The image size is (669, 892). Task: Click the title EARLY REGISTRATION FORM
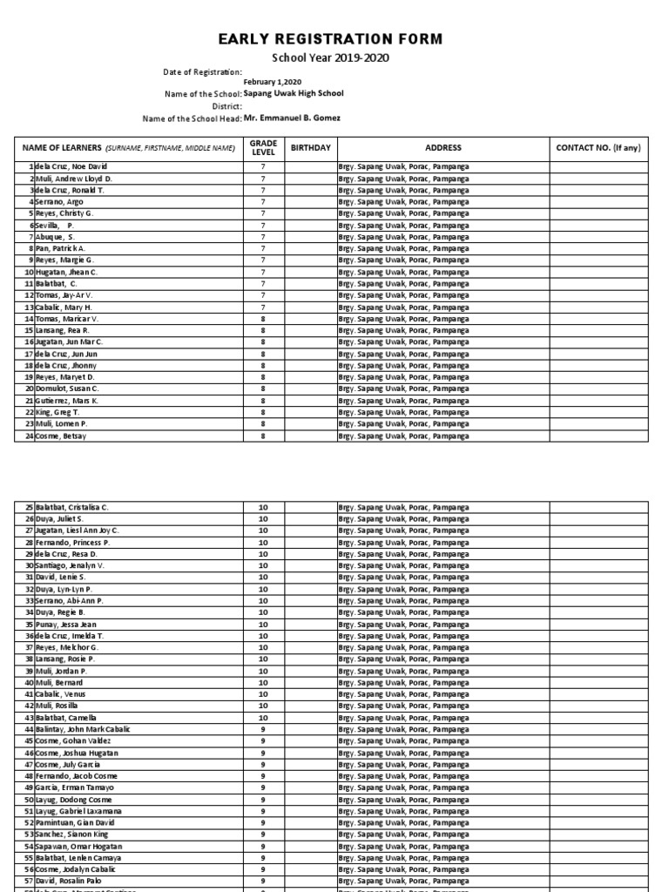[x=335, y=39]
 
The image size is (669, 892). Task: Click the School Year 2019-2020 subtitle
[x=335, y=58]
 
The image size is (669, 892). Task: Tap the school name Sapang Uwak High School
[x=294, y=93]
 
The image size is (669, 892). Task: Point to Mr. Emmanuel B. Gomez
[x=293, y=118]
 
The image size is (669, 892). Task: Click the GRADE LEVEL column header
[x=263, y=147]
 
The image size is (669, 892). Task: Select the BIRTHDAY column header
[x=311, y=148]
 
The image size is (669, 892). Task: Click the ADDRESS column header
[x=443, y=148]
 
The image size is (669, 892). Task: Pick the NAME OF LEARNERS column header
[x=129, y=148]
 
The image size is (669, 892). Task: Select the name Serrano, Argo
[x=59, y=201]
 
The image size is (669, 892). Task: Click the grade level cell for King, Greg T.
[x=263, y=412]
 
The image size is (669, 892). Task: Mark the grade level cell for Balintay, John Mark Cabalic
[x=263, y=728]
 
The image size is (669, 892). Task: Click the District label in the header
[x=225, y=105]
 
